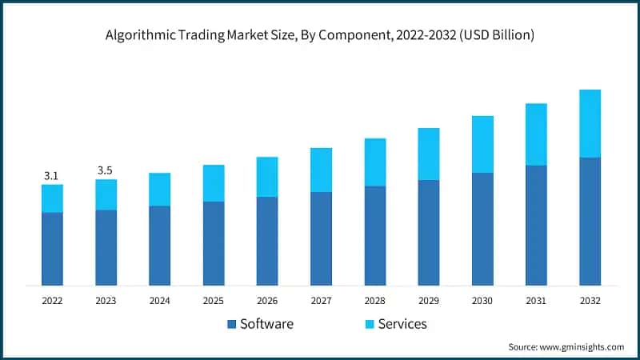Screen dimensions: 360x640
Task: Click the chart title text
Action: pyautogui.click(x=320, y=35)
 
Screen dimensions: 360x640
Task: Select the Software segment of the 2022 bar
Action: pyautogui.click(x=52, y=248)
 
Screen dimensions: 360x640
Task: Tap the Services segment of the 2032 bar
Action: pyautogui.click(x=590, y=123)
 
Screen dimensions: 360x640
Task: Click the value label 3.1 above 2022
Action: pyautogui.click(x=51, y=175)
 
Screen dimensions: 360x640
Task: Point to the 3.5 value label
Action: pyautogui.click(x=106, y=170)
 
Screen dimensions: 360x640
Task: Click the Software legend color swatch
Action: pyautogui.click(x=232, y=324)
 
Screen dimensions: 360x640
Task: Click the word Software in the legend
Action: pyautogui.click(x=267, y=324)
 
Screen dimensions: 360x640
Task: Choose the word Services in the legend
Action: pyautogui.click(x=402, y=324)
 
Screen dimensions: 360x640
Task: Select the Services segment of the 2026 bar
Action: pyautogui.click(x=267, y=177)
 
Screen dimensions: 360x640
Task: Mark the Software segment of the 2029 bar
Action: pyautogui.click(x=429, y=232)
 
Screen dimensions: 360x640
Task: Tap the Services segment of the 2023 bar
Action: pyautogui.click(x=106, y=194)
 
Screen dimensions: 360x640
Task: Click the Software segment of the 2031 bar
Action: pyautogui.click(x=536, y=225)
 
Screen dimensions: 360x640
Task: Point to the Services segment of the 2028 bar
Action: pyautogui.click(x=375, y=162)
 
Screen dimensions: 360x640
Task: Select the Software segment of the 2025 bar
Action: pyautogui.click(x=214, y=243)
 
